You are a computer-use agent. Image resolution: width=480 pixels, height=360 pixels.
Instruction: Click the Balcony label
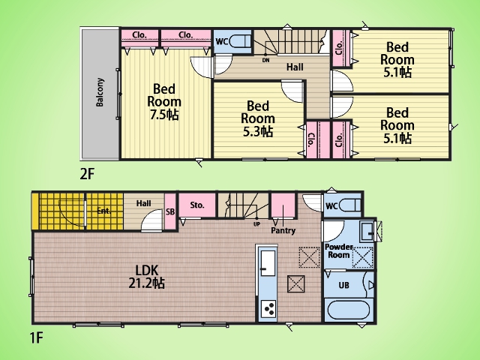(100, 92)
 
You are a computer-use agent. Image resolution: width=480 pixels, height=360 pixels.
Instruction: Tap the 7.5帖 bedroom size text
(164, 115)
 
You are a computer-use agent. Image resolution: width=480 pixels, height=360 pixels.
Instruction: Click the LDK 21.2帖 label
(147, 277)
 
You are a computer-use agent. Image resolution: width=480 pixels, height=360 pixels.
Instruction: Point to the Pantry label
(283, 230)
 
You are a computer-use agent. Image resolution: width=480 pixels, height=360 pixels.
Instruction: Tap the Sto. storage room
(197, 205)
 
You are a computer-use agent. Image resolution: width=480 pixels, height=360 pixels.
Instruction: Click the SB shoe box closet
(170, 211)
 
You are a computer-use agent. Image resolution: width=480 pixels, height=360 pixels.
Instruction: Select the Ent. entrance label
(103, 211)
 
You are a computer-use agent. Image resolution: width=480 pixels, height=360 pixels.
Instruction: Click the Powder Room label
(338, 251)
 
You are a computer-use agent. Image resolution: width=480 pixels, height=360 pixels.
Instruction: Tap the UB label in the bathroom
(343, 285)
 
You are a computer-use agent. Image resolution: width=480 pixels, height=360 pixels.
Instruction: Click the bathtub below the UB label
(349, 310)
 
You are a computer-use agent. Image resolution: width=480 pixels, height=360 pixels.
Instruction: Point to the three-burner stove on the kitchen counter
(268, 309)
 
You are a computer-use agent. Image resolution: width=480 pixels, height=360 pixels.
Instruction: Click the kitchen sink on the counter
(268, 263)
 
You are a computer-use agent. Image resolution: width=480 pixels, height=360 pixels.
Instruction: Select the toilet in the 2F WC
(240, 41)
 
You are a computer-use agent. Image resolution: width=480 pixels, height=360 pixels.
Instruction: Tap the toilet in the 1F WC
(350, 205)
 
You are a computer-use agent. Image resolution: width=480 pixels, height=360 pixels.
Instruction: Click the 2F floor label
(87, 175)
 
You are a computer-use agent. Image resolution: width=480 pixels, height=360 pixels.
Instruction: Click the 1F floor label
(36, 338)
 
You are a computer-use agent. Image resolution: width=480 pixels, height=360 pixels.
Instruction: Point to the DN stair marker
(265, 60)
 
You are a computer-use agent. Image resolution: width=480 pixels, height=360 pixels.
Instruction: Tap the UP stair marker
(256, 224)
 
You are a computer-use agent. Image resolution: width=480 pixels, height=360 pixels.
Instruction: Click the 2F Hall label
(295, 67)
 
